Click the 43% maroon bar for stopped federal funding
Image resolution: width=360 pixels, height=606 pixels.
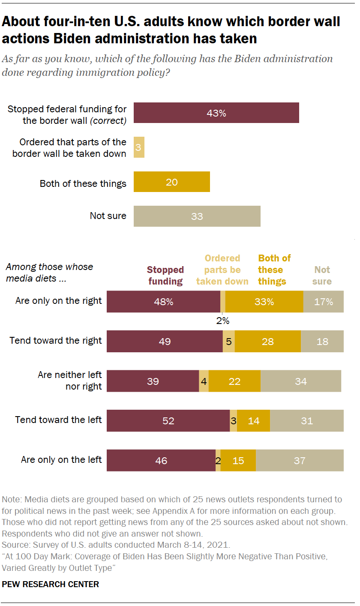pyautogui.click(x=216, y=113)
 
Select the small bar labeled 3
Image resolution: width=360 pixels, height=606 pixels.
pyautogui.click(x=139, y=147)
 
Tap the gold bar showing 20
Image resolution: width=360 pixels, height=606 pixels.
pyautogui.click(x=171, y=182)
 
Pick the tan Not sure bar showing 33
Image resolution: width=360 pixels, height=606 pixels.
pyautogui.click(x=197, y=216)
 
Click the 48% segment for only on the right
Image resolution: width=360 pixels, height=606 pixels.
pyautogui.click(x=163, y=302)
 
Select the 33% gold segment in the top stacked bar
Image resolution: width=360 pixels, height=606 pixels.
pyautogui.click(x=264, y=302)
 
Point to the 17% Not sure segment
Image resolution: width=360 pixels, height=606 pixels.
pyautogui.click(x=323, y=302)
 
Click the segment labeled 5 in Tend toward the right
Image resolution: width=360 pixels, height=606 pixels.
pyautogui.click(x=228, y=342)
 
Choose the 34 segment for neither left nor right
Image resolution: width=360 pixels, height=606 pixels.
pyautogui.click(x=300, y=381)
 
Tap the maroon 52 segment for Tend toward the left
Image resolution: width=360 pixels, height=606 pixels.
pyautogui.click(x=168, y=421)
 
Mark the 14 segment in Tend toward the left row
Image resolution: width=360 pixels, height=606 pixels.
pyautogui.click(x=253, y=421)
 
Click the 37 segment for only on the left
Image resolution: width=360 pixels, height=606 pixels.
pyautogui.click(x=300, y=461)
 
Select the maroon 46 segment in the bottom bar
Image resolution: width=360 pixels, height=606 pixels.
pyautogui.click(x=161, y=461)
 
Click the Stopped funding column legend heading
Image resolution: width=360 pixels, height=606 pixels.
pyautogui.click(x=165, y=276)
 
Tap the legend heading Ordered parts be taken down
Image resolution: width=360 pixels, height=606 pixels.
pyautogui.click(x=222, y=270)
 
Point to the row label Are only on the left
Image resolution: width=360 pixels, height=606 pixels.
pyautogui.click(x=61, y=460)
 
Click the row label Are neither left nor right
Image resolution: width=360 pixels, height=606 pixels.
pyautogui.click(x=70, y=381)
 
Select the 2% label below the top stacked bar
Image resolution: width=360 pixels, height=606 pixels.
pyautogui.click(x=222, y=320)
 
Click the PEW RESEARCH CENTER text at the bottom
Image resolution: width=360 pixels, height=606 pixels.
pyautogui.click(x=51, y=585)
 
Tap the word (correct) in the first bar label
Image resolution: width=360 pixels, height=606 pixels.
pyautogui.click(x=108, y=121)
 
